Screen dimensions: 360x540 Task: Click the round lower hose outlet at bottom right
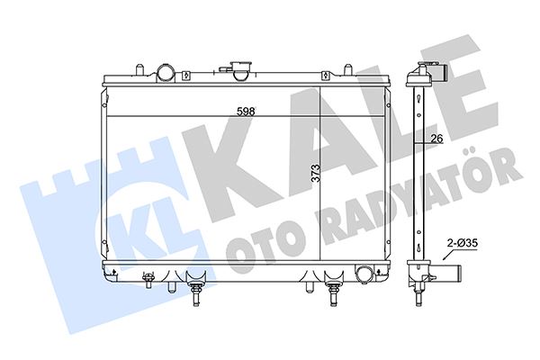click(x=364, y=274)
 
